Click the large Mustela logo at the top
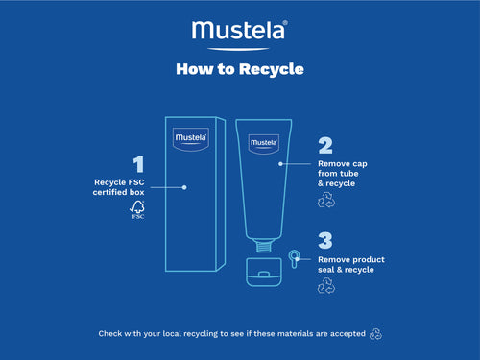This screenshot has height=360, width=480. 239,32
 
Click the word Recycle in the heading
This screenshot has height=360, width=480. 271,69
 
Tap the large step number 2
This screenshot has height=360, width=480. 325,145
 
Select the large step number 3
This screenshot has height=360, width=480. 325,239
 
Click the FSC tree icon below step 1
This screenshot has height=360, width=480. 137,208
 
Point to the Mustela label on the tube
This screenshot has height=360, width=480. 263,142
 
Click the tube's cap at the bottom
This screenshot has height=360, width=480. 263,272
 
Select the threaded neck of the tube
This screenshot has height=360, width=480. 263,247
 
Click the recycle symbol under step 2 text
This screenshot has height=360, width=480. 325,200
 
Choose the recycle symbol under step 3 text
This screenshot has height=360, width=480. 325,285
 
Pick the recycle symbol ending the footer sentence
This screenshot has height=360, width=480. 376,334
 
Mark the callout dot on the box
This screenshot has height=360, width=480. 183,187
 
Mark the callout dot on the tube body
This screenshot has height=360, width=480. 280,164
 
